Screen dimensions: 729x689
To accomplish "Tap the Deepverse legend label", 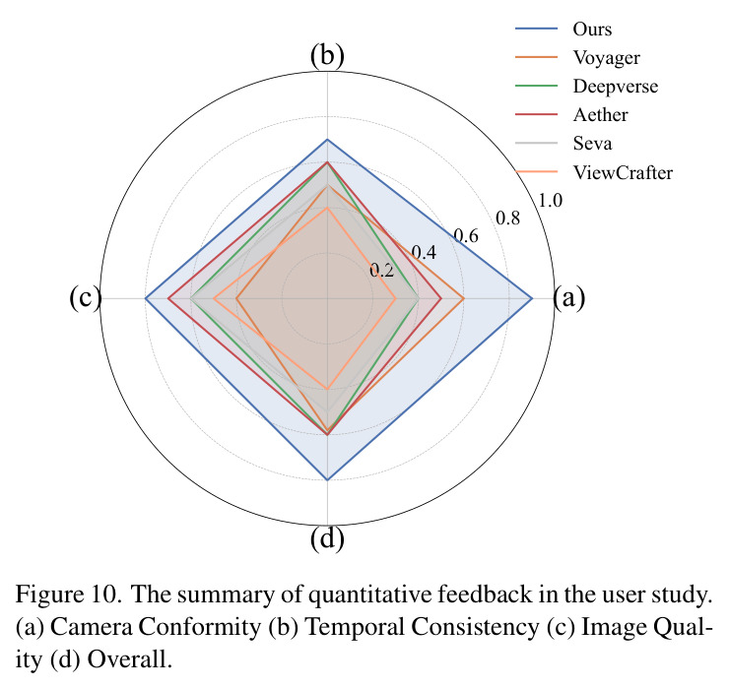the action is (616, 87).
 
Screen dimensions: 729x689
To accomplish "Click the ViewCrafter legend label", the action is (623, 172).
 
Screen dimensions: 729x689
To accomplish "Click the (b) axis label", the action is (327, 56).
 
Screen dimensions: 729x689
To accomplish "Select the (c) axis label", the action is (85, 297).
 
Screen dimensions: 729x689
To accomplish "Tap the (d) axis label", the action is (327, 539).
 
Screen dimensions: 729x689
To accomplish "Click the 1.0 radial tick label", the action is (550, 200).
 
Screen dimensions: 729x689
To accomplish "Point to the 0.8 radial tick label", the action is (507, 218).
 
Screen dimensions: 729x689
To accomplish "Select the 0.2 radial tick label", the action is (381, 271).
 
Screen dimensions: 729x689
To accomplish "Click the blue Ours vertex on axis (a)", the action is (532, 298).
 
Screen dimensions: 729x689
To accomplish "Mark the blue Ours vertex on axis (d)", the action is (327, 479).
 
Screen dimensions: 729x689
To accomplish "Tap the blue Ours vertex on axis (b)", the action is (327, 140).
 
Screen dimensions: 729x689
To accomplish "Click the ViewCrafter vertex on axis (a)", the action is (396, 298).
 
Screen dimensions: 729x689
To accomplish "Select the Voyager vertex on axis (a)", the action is (464, 298).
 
